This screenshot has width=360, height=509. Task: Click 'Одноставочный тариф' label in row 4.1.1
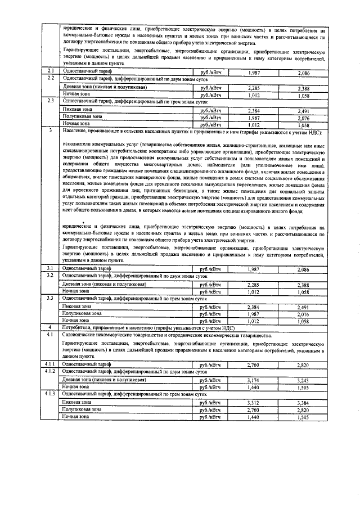[x=84, y=364]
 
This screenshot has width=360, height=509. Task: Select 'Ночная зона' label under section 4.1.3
[x=75, y=417]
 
